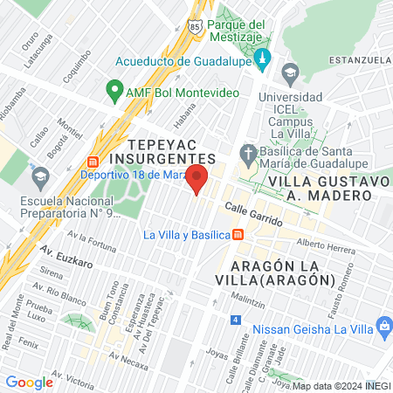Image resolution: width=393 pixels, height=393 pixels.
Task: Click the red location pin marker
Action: pyautogui.click(x=198, y=180)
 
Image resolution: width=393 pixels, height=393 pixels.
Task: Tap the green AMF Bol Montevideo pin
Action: pyautogui.click(x=114, y=89)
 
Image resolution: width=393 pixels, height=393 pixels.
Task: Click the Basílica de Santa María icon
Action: pyautogui.click(x=249, y=150)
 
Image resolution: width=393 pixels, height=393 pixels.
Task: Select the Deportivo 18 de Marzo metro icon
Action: pyautogui.click(x=93, y=163)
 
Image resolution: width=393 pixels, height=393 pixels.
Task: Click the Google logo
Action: pyautogui.click(x=30, y=382)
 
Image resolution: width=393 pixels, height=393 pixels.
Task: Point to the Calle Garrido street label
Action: pyautogui.click(x=253, y=214)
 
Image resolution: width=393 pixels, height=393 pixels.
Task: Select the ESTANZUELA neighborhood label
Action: pyautogui.click(x=359, y=59)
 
